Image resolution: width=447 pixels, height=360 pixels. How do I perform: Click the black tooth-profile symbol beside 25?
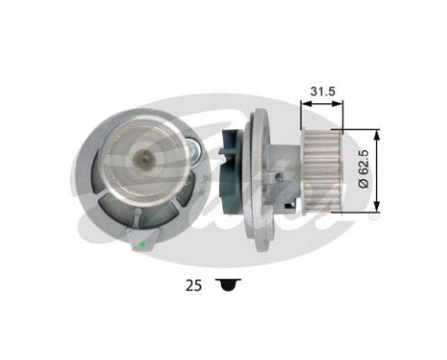point(227,283)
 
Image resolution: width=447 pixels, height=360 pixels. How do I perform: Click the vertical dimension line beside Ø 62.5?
point(380,169)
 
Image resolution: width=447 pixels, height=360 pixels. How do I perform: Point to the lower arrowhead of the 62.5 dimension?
point(380,206)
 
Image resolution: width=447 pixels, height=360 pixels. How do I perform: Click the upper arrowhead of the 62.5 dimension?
point(380,133)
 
